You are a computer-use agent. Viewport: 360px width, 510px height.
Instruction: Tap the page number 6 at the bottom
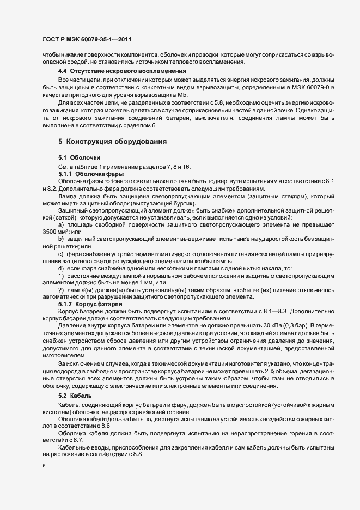tap(44, 467)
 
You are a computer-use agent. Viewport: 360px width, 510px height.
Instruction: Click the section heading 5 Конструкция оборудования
tap(112, 142)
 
